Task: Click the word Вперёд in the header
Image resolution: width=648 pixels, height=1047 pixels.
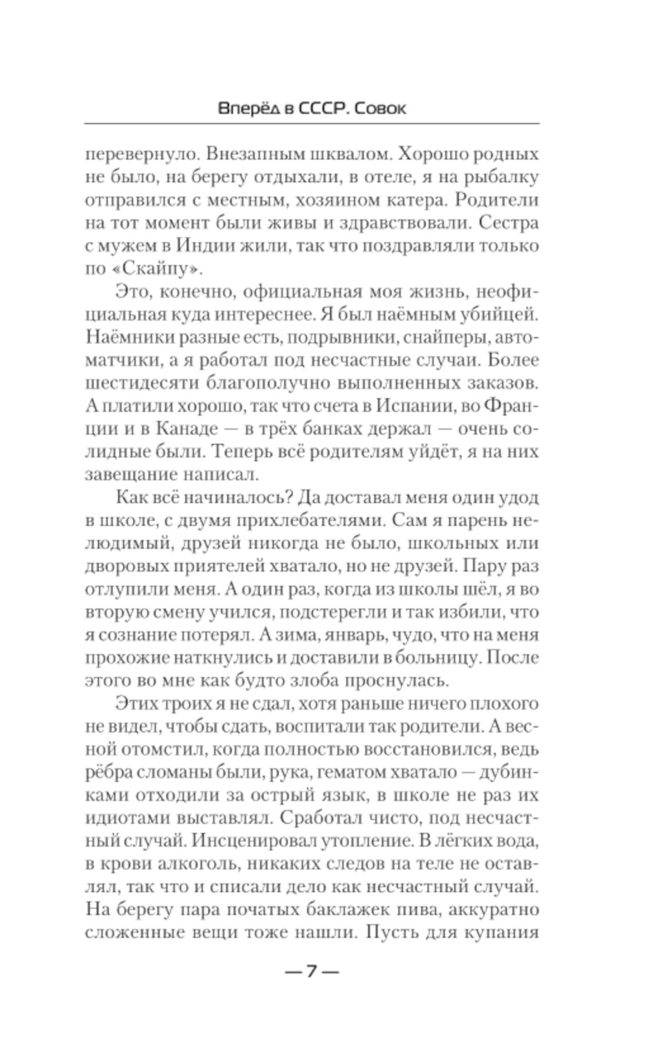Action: pos(248,109)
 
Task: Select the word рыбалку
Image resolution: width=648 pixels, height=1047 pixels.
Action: pos(500,178)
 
